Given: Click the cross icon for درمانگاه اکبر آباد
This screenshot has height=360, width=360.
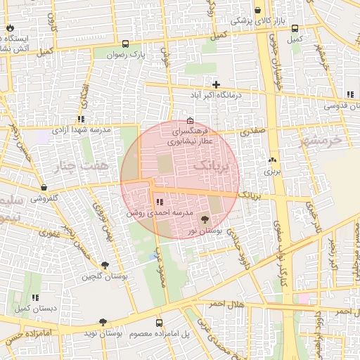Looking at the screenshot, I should coord(216,84).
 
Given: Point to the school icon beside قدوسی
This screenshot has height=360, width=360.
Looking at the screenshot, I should coord(349,94).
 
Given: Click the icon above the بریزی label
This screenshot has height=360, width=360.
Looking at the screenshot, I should coord(272,160).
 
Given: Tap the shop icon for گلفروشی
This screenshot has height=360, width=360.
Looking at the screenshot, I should coord(44,188).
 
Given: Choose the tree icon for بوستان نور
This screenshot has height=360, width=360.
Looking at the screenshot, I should coord(205,220).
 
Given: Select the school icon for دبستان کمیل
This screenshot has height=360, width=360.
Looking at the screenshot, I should coord(35,297).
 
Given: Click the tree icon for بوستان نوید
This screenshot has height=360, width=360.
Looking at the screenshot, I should coord(103,321).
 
